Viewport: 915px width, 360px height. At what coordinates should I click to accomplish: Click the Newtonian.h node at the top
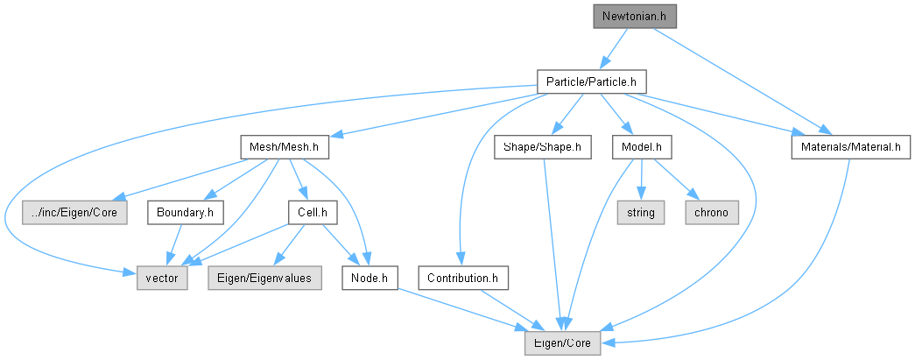click(635, 17)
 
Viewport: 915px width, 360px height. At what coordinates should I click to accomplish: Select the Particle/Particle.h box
click(591, 81)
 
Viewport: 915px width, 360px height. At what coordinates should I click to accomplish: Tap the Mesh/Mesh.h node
click(285, 147)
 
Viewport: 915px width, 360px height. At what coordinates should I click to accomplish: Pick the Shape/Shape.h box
click(543, 147)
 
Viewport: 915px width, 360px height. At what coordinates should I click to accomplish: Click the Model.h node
click(642, 147)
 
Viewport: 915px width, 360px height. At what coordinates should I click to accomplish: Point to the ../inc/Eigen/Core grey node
click(74, 213)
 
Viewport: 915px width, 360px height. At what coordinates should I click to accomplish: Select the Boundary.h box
click(186, 213)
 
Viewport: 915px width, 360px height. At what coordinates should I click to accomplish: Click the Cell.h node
click(313, 213)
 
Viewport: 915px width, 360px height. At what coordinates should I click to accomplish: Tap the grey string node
click(641, 213)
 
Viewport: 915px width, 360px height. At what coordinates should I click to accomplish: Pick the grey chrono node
click(712, 213)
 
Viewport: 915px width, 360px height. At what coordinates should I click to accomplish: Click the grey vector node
click(162, 279)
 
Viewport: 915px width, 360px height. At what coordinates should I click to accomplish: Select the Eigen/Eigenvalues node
click(265, 279)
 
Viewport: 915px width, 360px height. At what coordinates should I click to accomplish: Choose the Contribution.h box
click(463, 279)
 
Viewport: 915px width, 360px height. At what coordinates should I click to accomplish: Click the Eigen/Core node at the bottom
click(562, 343)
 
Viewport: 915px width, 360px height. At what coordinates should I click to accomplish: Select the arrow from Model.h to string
click(641, 180)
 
